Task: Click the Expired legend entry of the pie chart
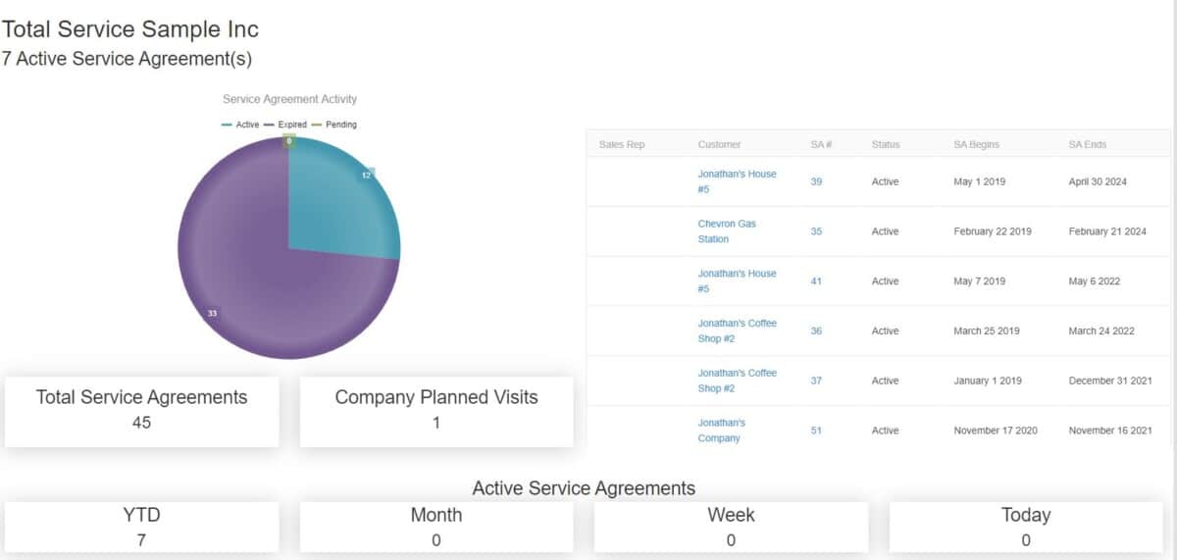(285, 125)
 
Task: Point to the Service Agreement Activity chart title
(289, 99)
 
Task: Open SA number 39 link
(816, 181)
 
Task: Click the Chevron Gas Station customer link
(727, 231)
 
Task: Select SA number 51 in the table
(816, 431)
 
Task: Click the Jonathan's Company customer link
(722, 431)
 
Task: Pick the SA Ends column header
(1087, 144)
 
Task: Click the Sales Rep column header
(622, 144)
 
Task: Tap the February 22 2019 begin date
(992, 231)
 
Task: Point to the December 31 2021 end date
(1110, 381)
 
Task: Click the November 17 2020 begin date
(995, 431)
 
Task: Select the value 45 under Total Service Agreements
(141, 423)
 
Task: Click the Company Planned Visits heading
(435, 397)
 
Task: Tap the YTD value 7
(141, 540)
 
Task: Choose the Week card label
(731, 515)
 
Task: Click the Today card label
(1026, 515)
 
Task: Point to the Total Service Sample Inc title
(130, 30)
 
